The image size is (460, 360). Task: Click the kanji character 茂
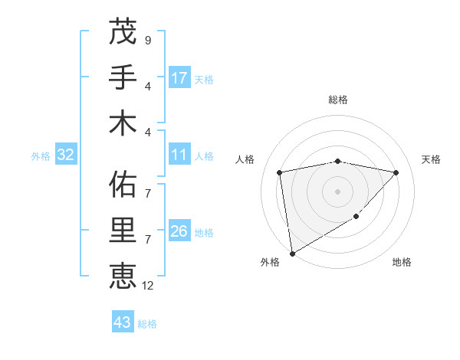tap(123, 33)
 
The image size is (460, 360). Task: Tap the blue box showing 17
tap(179, 78)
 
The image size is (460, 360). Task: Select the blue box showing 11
tap(179, 155)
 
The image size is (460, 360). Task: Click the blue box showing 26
tap(179, 232)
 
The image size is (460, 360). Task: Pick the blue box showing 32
tap(66, 155)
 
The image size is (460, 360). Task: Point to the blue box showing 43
tap(122, 322)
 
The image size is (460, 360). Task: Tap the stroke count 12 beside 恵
tap(149, 286)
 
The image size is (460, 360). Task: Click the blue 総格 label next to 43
tap(147, 324)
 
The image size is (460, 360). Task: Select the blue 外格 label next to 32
tap(41, 156)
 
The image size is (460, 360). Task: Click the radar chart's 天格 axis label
tap(431, 159)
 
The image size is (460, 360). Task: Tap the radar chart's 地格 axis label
tap(402, 262)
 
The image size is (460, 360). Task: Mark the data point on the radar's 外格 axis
tap(292, 253)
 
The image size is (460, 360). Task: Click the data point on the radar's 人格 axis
tap(280, 172)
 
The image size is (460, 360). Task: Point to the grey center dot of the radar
tap(337, 191)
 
